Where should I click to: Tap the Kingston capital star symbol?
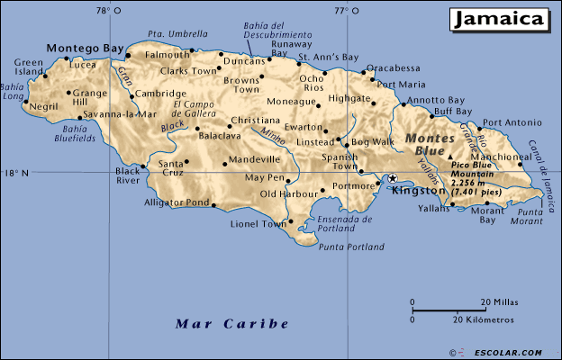click(392, 179)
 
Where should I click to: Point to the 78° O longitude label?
click(109, 11)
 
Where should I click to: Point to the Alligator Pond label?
click(177, 202)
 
